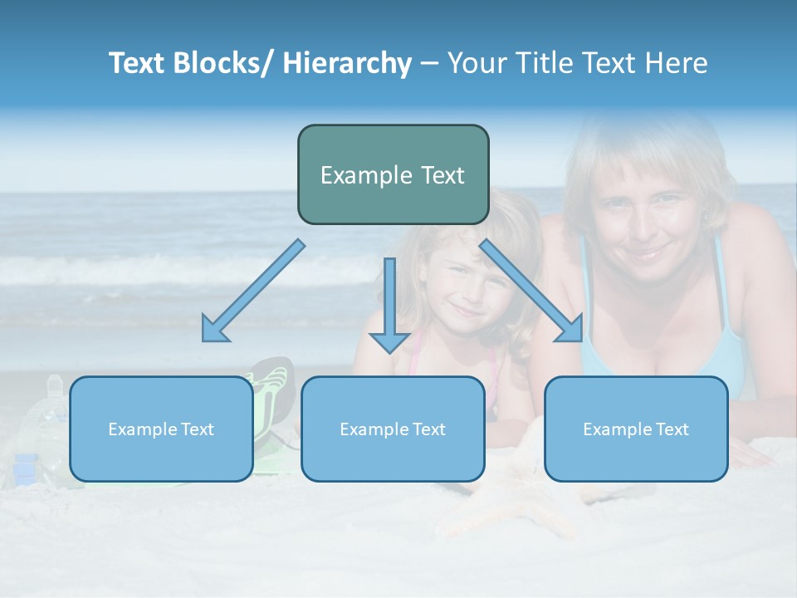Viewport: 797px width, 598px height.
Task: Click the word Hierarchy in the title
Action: point(347,63)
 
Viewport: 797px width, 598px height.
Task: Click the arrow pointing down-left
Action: point(253,291)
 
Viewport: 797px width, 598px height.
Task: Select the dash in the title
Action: point(429,63)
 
